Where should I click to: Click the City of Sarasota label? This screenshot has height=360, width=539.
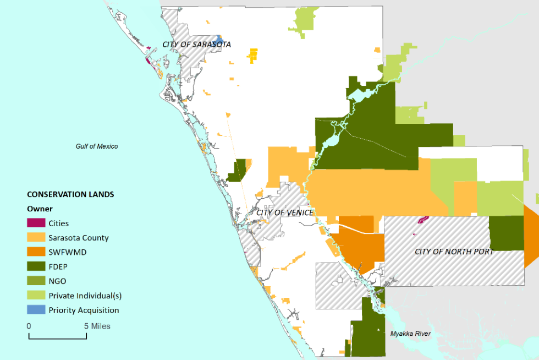point(196,44)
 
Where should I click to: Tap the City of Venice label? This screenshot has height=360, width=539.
point(285,212)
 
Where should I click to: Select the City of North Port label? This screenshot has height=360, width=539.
point(454,252)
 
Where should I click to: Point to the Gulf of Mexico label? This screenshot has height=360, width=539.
point(97,146)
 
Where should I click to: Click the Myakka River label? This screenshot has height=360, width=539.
point(411,334)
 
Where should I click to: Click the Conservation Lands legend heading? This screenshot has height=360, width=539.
point(70,194)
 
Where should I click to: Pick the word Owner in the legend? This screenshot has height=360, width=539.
point(40,209)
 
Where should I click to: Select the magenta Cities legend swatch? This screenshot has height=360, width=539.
point(36,223)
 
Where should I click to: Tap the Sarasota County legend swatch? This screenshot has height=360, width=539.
point(36,238)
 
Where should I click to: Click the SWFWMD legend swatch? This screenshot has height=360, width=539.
point(36,252)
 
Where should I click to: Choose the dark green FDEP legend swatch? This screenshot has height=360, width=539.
point(36,266)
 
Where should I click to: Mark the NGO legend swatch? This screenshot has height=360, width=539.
point(36,281)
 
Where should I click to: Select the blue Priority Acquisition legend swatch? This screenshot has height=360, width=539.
point(36,310)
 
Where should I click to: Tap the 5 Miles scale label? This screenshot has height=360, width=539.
point(97,326)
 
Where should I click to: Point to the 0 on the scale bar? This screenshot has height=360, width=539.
point(29,326)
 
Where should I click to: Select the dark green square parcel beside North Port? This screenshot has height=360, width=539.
point(506,233)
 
